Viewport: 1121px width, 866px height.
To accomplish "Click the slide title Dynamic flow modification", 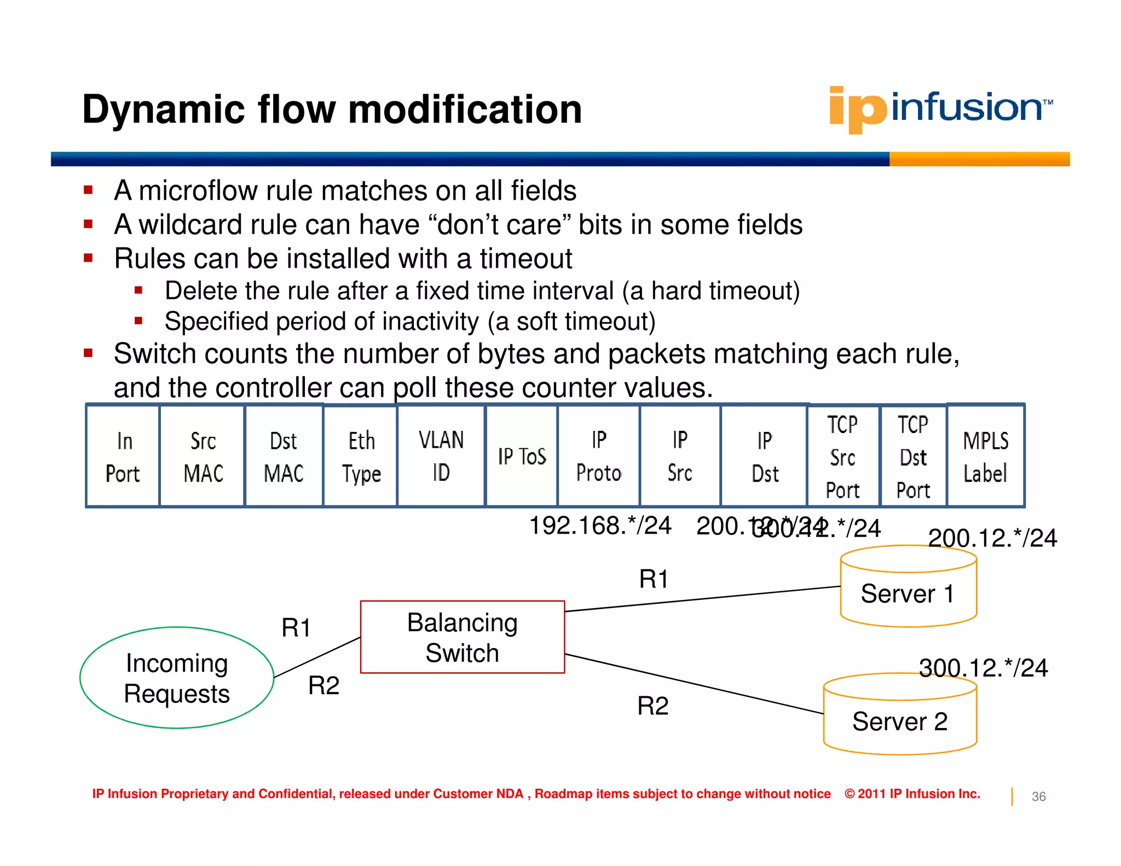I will coord(332,109).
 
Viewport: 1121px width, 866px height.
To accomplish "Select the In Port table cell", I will coord(123,457).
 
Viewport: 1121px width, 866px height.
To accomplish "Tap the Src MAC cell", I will coord(203,457).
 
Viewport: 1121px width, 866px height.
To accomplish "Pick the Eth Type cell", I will coord(361,457).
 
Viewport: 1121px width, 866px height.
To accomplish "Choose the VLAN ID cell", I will coord(441,457).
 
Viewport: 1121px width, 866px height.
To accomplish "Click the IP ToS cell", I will coord(522,457).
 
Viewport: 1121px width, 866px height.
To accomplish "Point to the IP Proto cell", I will coord(598,457).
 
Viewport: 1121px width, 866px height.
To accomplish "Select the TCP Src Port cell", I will coord(842,457).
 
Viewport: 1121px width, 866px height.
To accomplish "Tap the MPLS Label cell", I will coord(985,457).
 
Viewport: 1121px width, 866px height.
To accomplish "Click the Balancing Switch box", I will coord(463,637).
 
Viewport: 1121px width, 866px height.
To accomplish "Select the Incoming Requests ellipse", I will coord(177,678).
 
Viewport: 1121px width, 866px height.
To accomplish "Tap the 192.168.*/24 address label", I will coord(600,526).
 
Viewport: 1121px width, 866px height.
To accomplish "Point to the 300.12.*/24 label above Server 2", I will coord(983,668).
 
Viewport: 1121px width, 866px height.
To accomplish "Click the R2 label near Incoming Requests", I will coord(323,685).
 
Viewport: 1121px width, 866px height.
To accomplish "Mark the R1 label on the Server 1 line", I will coord(654,579).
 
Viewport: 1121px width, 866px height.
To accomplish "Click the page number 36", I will coord(1038,796).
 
